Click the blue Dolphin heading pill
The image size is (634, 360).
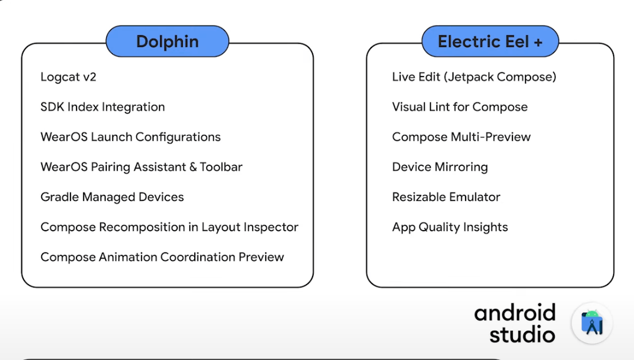[167, 41]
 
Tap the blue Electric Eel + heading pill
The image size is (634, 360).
[490, 41]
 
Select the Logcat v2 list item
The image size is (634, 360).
[68, 77]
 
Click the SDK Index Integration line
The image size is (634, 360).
[103, 107]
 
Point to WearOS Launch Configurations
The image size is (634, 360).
[130, 137]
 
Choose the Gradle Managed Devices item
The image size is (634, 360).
[112, 197]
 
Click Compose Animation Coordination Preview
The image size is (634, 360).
[162, 257]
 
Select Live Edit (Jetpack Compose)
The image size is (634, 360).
[474, 77]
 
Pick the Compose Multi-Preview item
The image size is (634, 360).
[461, 137]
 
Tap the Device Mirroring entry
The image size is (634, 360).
[440, 167]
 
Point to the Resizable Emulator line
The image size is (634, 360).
[446, 197]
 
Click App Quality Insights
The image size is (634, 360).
[450, 227]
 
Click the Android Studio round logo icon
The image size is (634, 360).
[592, 323]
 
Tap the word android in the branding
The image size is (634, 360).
[515, 313]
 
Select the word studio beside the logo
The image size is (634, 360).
[522, 335]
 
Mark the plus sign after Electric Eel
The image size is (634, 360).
[538, 42]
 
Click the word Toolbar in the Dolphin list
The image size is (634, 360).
[221, 167]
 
